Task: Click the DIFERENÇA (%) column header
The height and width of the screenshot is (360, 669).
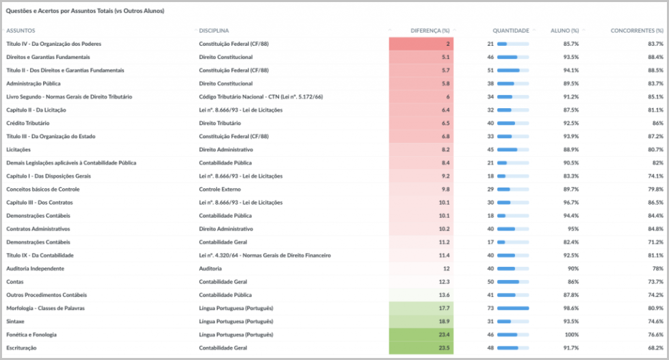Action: [430, 31]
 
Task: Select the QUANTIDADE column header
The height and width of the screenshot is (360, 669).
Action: [511, 31]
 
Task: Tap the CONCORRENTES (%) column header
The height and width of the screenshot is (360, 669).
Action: [637, 31]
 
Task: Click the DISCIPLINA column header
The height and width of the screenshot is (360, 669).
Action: [213, 31]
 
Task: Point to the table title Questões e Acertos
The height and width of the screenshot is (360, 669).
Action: [85, 11]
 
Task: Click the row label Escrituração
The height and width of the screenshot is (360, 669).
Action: [21, 348]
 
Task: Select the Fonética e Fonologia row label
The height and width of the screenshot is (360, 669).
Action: [31, 335]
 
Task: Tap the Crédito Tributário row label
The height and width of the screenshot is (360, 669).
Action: [28, 123]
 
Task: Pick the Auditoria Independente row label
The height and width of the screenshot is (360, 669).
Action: [35, 268]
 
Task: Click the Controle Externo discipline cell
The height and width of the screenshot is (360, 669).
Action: [220, 189]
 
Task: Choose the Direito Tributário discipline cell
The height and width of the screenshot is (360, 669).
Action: [220, 123]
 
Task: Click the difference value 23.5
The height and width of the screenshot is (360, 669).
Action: [444, 348]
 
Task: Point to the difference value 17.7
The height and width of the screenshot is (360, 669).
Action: [444, 309]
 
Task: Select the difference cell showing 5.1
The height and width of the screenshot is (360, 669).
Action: [446, 57]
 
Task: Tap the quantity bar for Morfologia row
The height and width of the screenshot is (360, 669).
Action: [513, 309]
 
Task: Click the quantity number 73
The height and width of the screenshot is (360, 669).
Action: [490, 309]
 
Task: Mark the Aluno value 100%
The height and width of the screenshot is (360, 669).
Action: [572, 335]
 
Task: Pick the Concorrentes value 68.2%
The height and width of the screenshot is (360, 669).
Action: [656, 348]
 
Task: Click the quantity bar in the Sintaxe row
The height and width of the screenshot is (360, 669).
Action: [513, 322]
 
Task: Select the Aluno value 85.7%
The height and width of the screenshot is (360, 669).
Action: [571, 44]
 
